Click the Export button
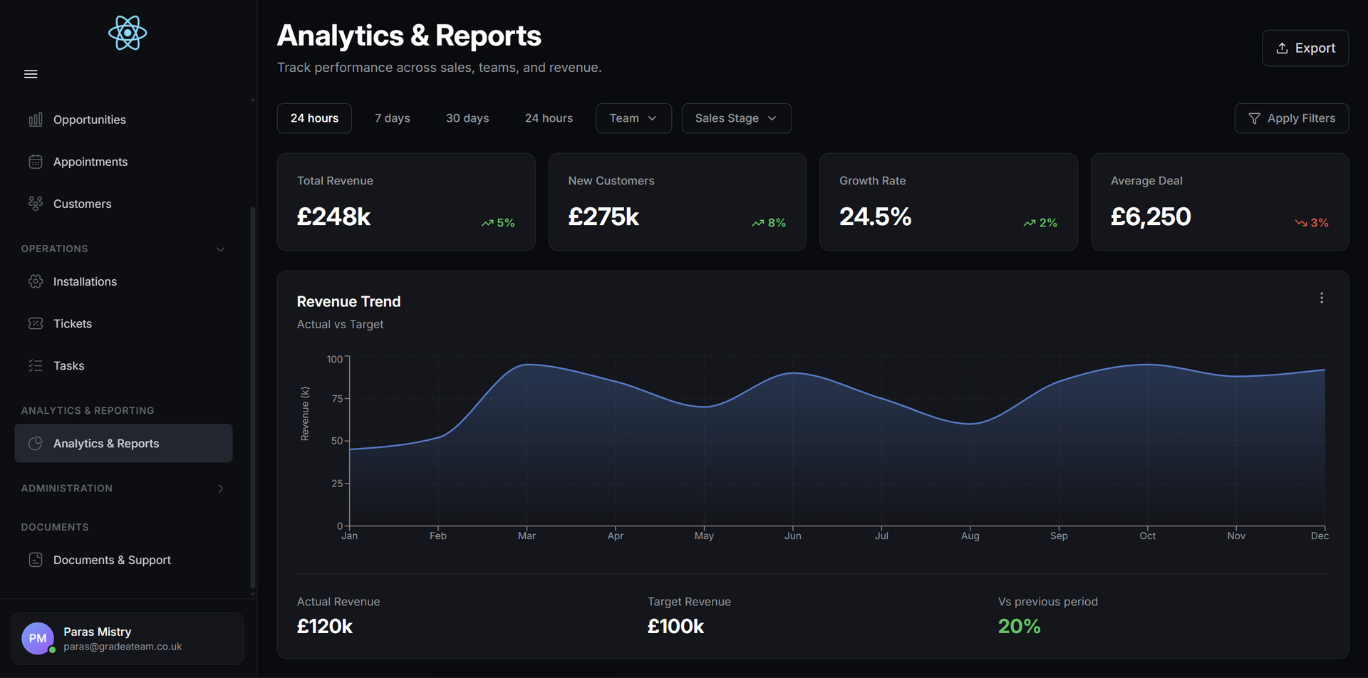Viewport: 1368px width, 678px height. (x=1305, y=48)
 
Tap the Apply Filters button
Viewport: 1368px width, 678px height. (x=1291, y=118)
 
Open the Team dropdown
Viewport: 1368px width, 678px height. (x=633, y=118)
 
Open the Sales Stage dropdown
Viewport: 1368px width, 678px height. (x=736, y=118)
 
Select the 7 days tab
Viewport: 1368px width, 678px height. (x=392, y=118)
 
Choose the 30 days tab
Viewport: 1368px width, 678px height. (x=467, y=118)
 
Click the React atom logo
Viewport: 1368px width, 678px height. (x=128, y=33)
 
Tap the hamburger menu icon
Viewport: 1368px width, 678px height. (x=31, y=74)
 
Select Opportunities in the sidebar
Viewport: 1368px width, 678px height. (x=89, y=120)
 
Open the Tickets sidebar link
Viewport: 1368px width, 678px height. (x=72, y=323)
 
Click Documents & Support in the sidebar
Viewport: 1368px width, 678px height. (x=111, y=560)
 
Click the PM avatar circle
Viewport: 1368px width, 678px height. (x=38, y=638)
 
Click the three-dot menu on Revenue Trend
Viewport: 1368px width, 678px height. (x=1321, y=298)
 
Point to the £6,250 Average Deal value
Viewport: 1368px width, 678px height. (x=1150, y=217)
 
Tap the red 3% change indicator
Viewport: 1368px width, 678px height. (x=1312, y=223)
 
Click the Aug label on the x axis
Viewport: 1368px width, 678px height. (x=970, y=536)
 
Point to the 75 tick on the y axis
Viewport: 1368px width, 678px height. (x=337, y=399)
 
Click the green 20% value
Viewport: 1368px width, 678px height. (x=1019, y=626)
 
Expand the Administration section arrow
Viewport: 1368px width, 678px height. (x=221, y=489)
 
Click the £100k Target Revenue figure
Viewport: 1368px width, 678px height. (x=675, y=626)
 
